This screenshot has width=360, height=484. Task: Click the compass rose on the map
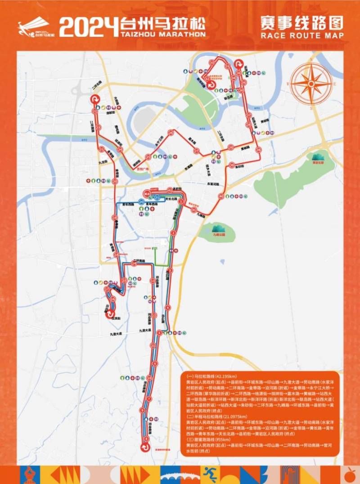(312, 83)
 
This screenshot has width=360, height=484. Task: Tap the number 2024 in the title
(88, 27)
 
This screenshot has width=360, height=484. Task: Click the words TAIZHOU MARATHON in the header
(162, 34)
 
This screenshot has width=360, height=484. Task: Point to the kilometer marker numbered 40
(221, 196)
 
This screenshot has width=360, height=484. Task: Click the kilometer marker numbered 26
(171, 132)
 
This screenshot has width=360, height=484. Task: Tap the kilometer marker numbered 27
(196, 151)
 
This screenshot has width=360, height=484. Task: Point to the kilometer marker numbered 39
(231, 165)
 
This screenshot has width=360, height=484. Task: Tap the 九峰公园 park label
(217, 234)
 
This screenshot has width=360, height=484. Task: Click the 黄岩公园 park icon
(319, 157)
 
